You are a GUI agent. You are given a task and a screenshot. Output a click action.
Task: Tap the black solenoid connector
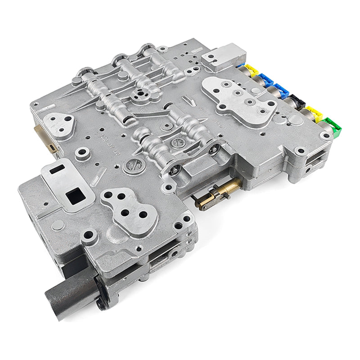click(x=298, y=102)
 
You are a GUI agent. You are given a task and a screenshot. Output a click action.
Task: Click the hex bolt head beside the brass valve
click(x=175, y=170)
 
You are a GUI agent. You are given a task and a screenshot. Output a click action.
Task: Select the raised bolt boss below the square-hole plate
click(x=90, y=235)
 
